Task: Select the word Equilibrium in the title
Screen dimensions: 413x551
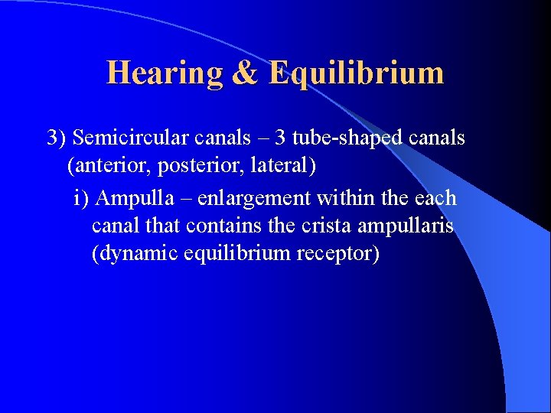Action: pos(356,73)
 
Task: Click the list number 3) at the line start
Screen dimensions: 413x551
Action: pos(57,138)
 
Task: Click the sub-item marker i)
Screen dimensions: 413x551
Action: pos(83,198)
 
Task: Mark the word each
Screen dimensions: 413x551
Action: pos(435,198)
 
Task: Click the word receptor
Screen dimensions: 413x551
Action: pos(339,253)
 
